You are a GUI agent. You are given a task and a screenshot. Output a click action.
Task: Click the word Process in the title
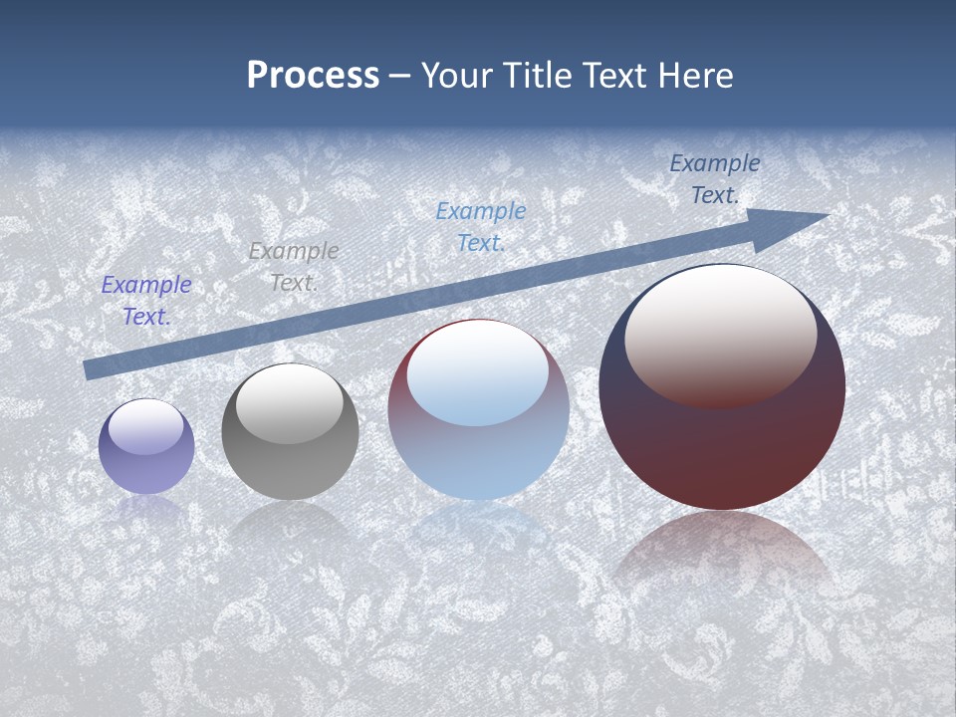tap(313, 76)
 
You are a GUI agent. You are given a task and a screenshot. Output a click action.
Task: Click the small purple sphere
tap(146, 468)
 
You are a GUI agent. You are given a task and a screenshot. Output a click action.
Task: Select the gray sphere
tap(290, 468)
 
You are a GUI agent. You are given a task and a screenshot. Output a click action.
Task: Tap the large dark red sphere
tap(722, 448)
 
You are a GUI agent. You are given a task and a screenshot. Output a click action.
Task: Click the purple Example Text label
tap(146, 301)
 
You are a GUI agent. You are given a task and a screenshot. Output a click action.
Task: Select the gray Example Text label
tap(294, 267)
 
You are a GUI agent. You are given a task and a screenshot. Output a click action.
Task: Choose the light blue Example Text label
tap(481, 226)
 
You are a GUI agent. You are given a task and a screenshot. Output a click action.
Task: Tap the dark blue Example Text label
tap(715, 179)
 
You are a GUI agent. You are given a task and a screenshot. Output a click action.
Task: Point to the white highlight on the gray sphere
tap(289, 404)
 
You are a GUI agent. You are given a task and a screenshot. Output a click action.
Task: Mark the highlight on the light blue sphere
tap(477, 374)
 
